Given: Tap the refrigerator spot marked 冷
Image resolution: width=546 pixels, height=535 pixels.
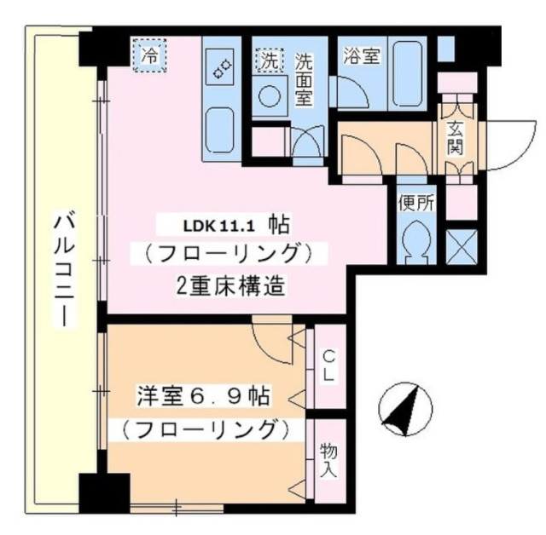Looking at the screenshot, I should tap(149, 57).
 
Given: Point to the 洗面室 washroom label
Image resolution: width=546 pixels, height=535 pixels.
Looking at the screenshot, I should tap(304, 78).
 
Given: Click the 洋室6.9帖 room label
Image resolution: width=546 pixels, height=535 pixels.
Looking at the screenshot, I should tap(204, 396).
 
